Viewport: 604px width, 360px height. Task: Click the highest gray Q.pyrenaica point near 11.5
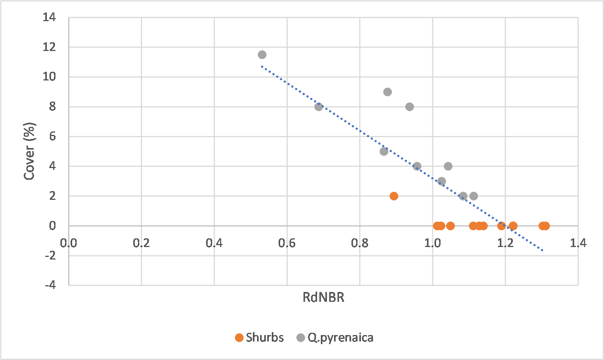coord(262,55)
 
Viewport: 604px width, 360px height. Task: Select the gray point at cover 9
coord(387,92)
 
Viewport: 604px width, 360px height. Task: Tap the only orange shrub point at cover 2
coord(394,196)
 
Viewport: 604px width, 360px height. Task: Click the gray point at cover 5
coord(384,151)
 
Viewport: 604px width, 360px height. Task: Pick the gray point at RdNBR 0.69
coord(319,107)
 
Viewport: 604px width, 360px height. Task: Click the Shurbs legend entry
coord(259,338)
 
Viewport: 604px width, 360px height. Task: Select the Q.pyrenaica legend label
coord(341,338)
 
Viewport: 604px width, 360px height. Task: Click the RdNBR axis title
coord(324,297)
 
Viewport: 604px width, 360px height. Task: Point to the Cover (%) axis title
coord(29,151)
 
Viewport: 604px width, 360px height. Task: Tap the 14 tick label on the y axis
coord(49,17)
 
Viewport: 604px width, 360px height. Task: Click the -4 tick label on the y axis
coord(51,285)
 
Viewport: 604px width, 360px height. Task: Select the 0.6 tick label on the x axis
coord(287,243)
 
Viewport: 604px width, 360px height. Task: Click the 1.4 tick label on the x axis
coord(578,243)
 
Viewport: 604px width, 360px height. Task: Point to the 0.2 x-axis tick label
coord(141,243)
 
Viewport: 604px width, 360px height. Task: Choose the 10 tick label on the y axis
coord(49,77)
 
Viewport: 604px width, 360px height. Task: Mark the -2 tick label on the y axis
coord(51,255)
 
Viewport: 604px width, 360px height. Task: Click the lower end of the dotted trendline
coord(542,250)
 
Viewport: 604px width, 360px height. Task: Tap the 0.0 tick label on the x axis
coord(68,243)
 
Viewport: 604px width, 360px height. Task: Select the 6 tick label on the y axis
coord(52,136)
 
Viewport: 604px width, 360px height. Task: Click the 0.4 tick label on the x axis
coord(214,243)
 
